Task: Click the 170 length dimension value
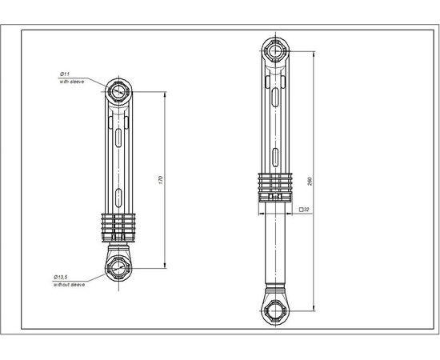pyautogui.click(x=161, y=181)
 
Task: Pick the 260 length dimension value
pyautogui.click(x=309, y=181)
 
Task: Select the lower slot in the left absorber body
pyautogui.click(x=119, y=192)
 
